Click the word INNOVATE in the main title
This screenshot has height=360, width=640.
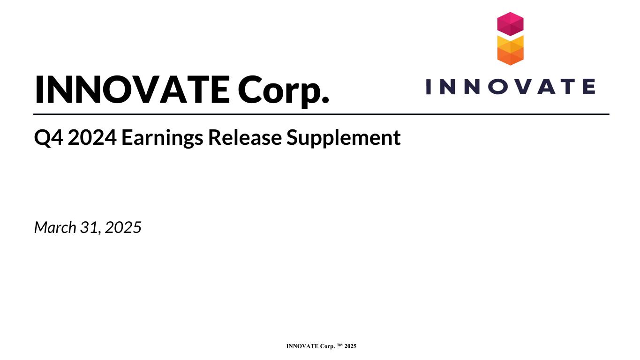click(x=133, y=89)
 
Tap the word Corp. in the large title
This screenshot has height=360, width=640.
click(x=283, y=91)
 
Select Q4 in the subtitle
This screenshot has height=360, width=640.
click(x=48, y=138)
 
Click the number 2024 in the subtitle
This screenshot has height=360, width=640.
click(x=92, y=137)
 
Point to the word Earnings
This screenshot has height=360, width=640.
click(x=162, y=139)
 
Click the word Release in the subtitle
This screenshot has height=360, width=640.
click(x=245, y=137)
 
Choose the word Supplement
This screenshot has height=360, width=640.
click(x=343, y=139)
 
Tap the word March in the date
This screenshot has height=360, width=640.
click(x=55, y=227)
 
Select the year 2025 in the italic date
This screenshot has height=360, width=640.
click(x=123, y=227)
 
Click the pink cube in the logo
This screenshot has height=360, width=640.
click(x=510, y=24)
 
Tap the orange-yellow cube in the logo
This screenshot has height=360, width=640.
click(x=510, y=51)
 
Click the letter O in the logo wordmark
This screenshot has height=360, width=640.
click(x=498, y=87)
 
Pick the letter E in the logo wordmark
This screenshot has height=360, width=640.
click(x=589, y=87)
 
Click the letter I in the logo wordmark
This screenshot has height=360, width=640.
click(x=428, y=87)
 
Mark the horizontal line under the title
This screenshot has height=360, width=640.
click(x=321, y=114)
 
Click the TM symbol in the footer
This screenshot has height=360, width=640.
click(x=340, y=345)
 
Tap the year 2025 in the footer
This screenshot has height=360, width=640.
click(x=350, y=346)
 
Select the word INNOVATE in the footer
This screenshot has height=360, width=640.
click(x=302, y=346)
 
